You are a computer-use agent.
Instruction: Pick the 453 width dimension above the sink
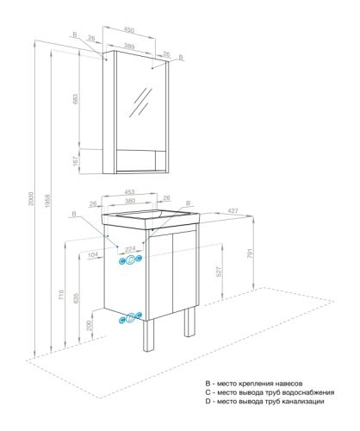(129, 194)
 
